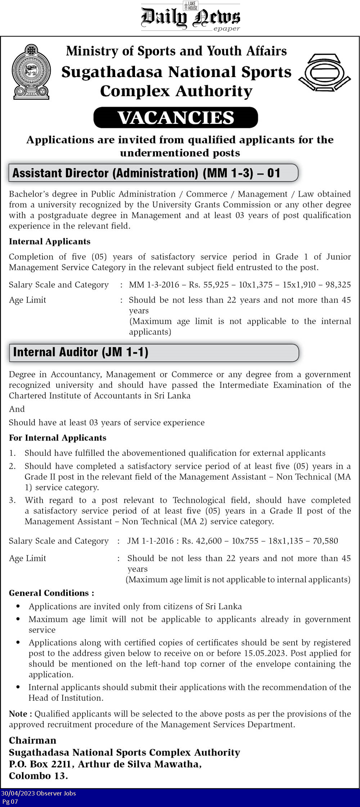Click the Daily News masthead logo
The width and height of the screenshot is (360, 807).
click(x=190, y=17)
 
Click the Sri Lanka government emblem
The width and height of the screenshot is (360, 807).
click(x=31, y=72)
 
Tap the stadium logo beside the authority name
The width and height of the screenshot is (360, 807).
click(x=324, y=72)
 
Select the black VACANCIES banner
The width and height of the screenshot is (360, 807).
click(x=176, y=118)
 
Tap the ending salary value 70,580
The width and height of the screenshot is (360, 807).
click(x=325, y=541)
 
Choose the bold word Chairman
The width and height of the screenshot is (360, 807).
click(x=32, y=740)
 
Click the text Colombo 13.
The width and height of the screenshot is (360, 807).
click(x=38, y=776)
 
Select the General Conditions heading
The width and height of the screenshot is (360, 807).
click(x=51, y=593)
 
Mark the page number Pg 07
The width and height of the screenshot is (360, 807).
click(x=10, y=802)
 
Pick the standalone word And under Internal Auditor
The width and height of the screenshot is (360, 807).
click(x=17, y=409)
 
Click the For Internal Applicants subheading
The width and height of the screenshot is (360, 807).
click(x=58, y=438)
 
